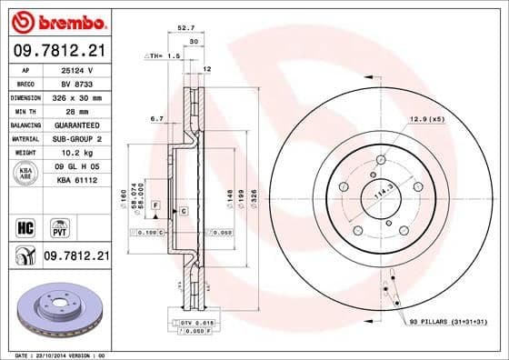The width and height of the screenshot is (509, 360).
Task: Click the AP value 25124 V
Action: tap(76, 69)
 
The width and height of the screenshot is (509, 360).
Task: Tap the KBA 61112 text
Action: tap(76, 181)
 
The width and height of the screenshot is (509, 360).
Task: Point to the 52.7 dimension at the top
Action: tap(186, 28)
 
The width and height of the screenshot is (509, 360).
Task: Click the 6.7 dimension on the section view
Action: tap(155, 118)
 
